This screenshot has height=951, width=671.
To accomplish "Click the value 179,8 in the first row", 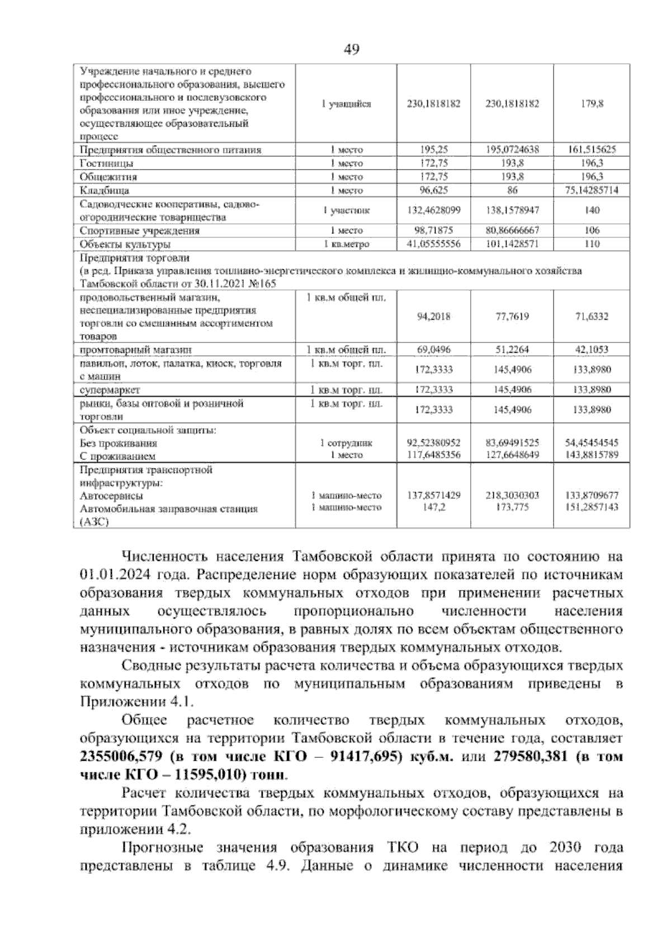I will tap(592, 104).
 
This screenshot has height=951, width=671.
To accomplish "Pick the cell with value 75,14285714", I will tap(592, 190).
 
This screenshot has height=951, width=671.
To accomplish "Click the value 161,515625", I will tap(592, 150).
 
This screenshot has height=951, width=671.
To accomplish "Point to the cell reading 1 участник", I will tap(346, 210).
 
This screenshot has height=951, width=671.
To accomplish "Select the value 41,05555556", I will tap(433, 244).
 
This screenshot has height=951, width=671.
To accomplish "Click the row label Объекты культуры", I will tap(125, 244).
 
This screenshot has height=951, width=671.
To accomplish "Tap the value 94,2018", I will tap(433, 317).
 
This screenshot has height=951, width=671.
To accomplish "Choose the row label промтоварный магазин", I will tap(136, 350).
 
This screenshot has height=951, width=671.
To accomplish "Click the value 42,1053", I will tap(592, 350).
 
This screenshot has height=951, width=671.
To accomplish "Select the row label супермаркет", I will tap(110, 390).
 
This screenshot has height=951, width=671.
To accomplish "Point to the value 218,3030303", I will tap(512, 495).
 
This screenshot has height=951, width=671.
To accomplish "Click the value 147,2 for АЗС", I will tap(433, 508).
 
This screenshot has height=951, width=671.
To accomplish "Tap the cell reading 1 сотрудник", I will tap(346, 443).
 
